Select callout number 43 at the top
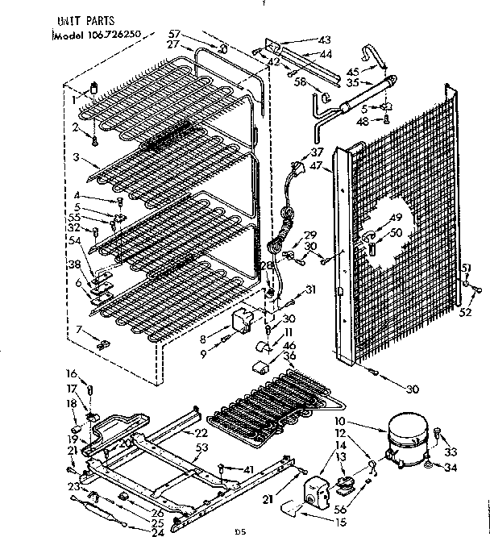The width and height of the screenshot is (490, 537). pyautogui.click(x=325, y=40)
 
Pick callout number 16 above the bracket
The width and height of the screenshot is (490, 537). pyautogui.click(x=71, y=373)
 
